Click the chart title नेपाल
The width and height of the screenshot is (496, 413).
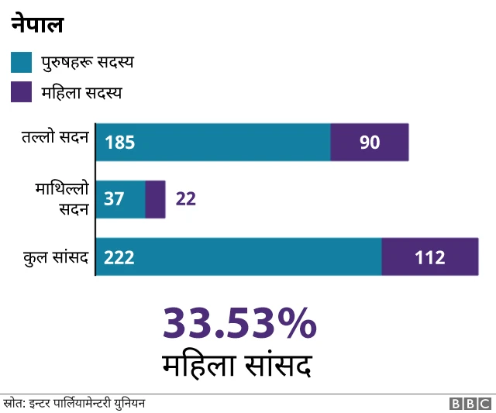click(x=37, y=25)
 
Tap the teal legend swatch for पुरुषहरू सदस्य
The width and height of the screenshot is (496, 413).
click(x=22, y=62)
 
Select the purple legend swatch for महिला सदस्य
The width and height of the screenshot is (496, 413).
click(x=22, y=92)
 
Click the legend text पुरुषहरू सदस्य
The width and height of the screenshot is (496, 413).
click(x=88, y=62)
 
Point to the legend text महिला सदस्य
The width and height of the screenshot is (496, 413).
click(x=81, y=92)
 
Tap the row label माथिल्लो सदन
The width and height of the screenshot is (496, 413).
click(x=61, y=198)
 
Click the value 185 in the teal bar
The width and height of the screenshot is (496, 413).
click(x=120, y=143)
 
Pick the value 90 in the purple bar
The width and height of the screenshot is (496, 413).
click(x=370, y=143)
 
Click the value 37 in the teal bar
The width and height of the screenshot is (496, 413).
click(x=114, y=199)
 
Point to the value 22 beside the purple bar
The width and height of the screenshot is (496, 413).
click(x=186, y=199)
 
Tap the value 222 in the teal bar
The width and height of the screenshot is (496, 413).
click(x=119, y=257)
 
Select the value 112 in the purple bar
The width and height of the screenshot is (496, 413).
click(x=430, y=257)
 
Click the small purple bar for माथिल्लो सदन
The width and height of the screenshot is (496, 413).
click(x=155, y=199)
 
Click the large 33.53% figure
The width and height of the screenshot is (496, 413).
click(x=239, y=323)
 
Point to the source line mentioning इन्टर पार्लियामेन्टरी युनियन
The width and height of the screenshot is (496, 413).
click(x=74, y=404)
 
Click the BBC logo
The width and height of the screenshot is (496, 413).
click(x=470, y=404)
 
